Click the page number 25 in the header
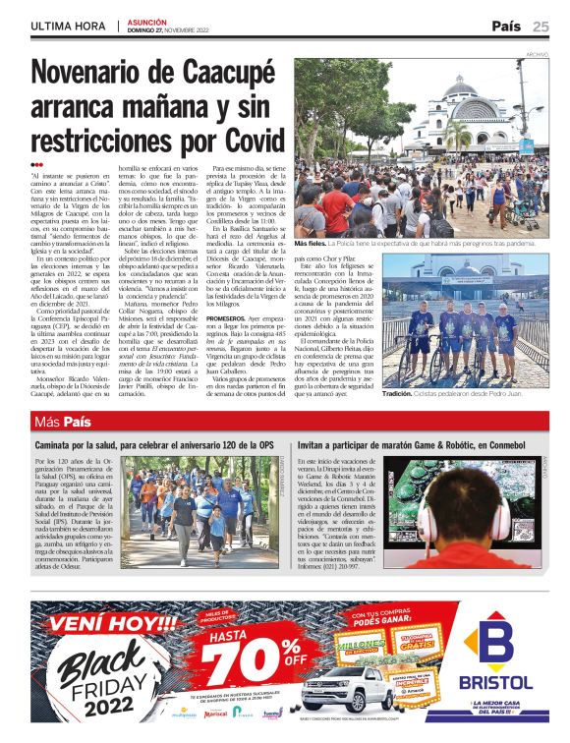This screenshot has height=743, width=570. coord(541,26)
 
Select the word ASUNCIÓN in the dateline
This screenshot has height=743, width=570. coord(147,21)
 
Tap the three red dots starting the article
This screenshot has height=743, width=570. coord(37,165)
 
